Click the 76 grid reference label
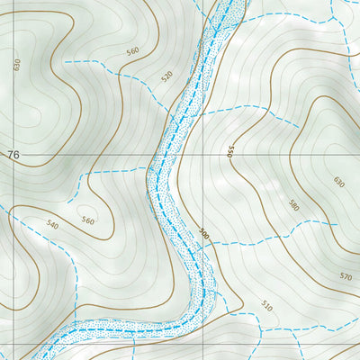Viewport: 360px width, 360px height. [13, 156]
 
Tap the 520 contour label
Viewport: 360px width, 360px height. [166, 76]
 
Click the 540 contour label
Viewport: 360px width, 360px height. [52, 224]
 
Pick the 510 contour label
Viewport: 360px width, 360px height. [265, 306]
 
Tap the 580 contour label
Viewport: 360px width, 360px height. [293, 204]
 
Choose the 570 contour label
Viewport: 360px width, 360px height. [346, 276]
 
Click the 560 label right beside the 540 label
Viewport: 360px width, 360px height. [87, 220]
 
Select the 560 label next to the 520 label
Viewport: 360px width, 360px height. [133, 51]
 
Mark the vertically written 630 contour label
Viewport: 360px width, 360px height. [16, 65]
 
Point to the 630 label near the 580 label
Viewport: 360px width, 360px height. [338, 182]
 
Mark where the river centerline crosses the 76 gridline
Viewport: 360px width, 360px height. [160, 155]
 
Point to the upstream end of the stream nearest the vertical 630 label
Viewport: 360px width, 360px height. [65, 61]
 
